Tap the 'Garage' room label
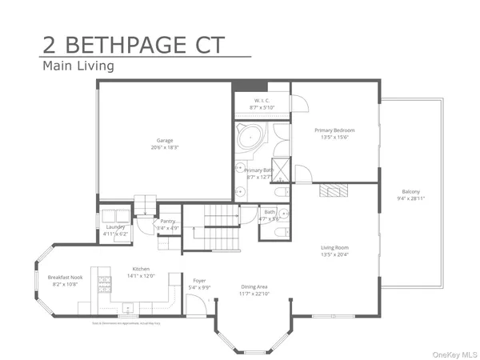pos(165,141)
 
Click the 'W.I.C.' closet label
pos(261,101)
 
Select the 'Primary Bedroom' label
pos(334,130)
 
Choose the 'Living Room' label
pos(334,247)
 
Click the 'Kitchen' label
pos(141,269)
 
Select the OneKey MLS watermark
pos(453,354)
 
